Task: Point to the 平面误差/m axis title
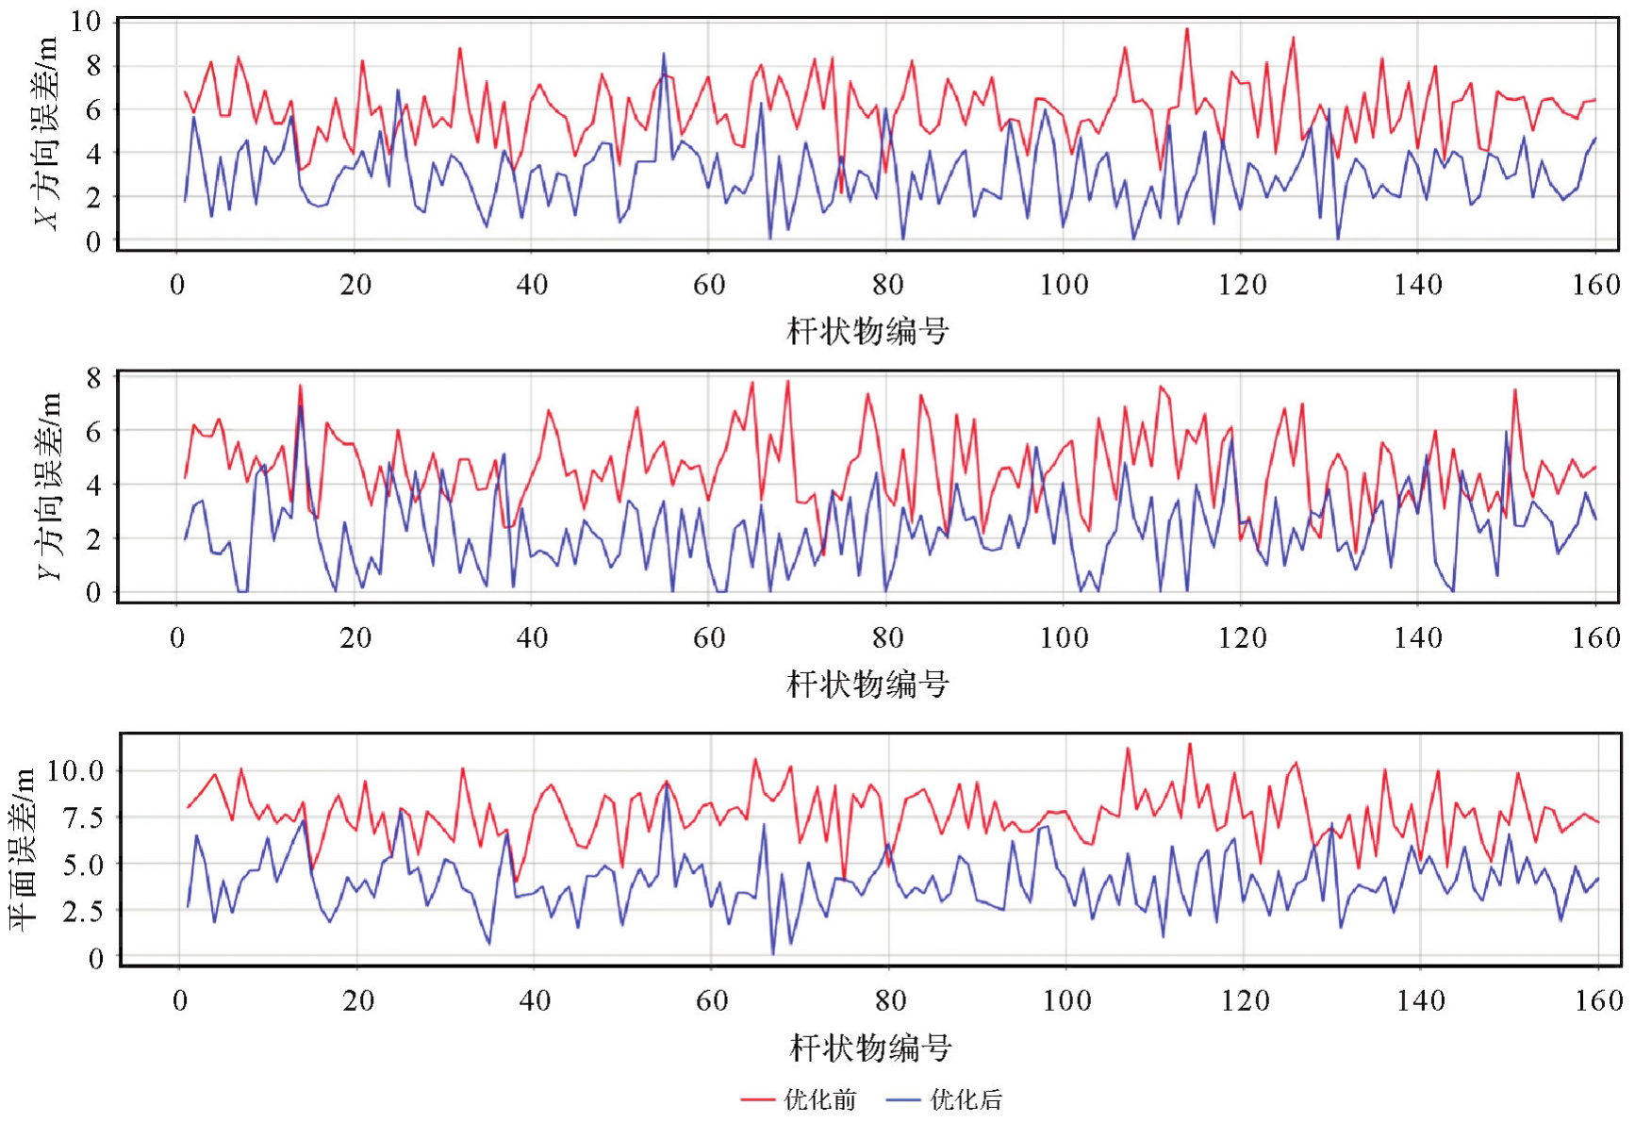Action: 23,849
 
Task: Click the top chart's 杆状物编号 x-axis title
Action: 867,331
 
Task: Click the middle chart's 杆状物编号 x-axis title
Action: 867,684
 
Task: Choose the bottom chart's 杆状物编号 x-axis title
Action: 869,1047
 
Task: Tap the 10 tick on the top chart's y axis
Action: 85,22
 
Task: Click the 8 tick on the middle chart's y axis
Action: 92,378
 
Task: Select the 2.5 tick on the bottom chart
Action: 82,911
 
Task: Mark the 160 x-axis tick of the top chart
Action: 1595,285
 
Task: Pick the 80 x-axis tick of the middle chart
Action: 887,638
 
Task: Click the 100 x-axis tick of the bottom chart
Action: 1066,1000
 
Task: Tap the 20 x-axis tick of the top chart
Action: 355,285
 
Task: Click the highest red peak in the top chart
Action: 1187,29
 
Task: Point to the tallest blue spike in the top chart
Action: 664,54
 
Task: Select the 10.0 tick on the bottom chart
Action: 75,771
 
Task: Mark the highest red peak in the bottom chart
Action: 1190,744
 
